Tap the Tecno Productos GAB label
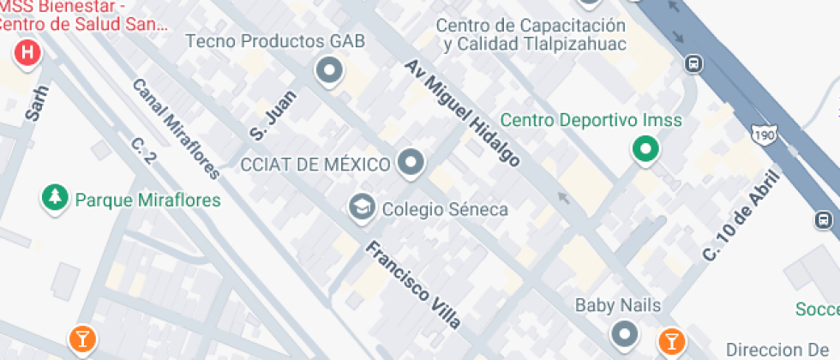(274, 41)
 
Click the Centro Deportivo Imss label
(591, 120)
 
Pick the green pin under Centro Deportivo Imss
(645, 151)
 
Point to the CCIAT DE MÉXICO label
(316, 164)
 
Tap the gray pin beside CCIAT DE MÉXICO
(412, 163)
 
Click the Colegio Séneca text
(445, 208)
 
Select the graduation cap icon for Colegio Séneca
(362, 207)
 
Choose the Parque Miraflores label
(147, 201)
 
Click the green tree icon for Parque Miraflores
(56, 198)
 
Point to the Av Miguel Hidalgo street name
(463, 113)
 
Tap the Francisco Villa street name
(414, 285)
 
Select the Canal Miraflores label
(177, 129)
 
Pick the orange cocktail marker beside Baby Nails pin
(671, 341)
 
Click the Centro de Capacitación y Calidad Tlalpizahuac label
(531, 34)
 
